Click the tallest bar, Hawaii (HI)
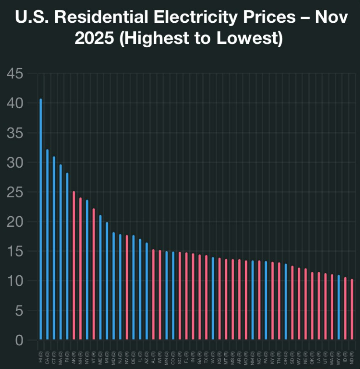click(41, 219)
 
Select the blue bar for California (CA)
click(47, 245)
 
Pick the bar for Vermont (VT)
click(94, 274)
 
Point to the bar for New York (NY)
click(87, 270)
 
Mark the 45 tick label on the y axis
click(15, 74)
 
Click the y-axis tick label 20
click(15, 222)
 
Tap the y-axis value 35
click(15, 133)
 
